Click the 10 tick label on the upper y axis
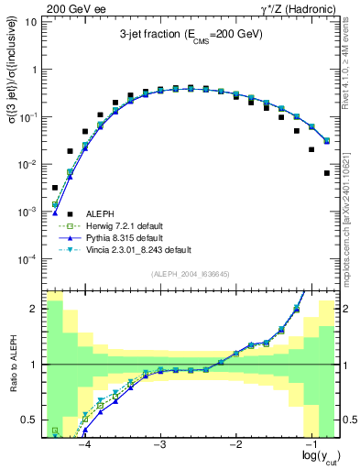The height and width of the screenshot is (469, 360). coord(30,22)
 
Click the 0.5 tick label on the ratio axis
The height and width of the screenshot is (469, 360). coord(29,420)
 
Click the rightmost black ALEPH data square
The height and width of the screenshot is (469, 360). coord(327,172)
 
